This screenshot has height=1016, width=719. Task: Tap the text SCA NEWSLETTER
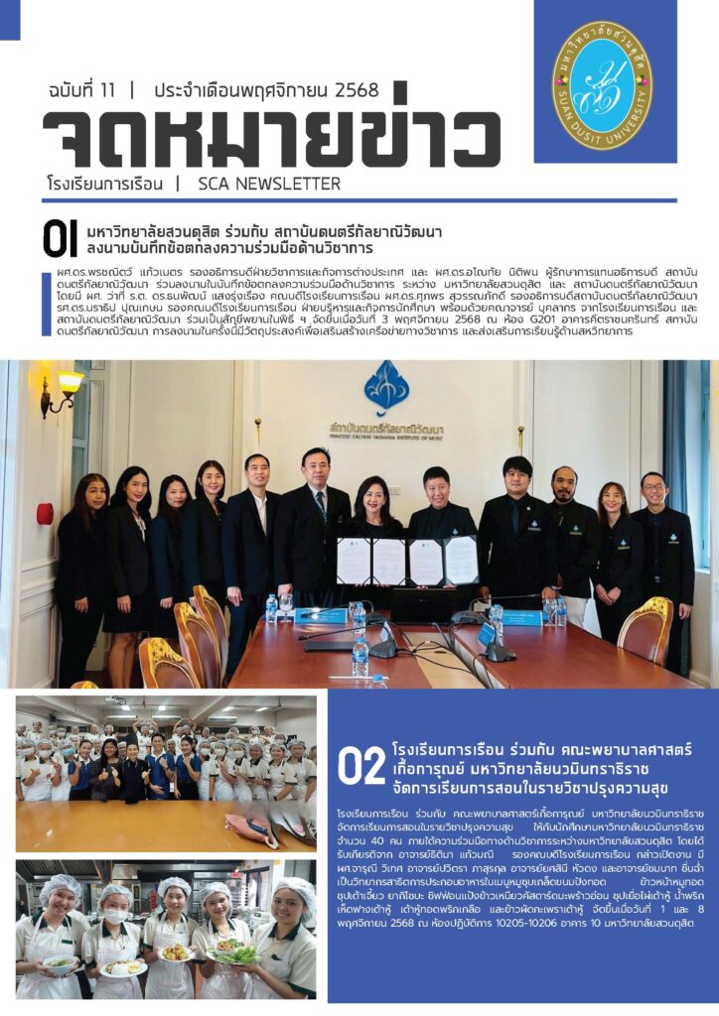(269, 184)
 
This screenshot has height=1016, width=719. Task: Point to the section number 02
(360, 765)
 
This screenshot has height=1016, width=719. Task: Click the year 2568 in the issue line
(351, 90)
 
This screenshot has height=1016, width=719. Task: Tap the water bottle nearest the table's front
(359, 657)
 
